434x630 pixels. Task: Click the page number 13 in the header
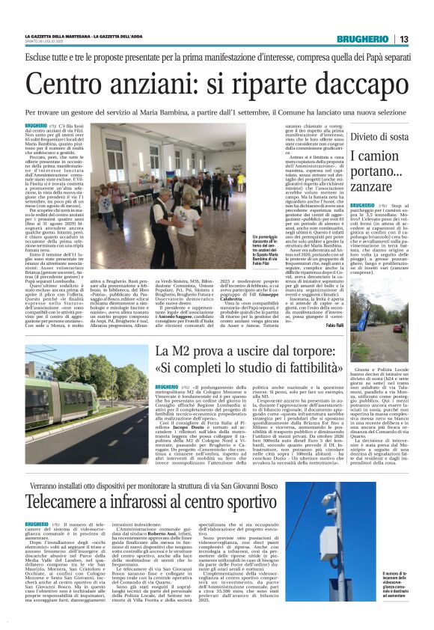point(404,39)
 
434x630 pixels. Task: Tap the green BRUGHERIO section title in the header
point(363,39)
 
